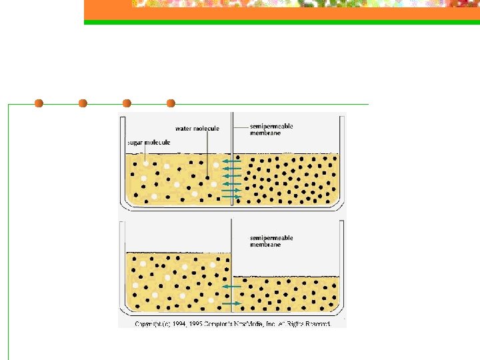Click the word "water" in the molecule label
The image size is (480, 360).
184,128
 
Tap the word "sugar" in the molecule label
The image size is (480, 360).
135,142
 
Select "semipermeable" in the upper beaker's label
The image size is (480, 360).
271,126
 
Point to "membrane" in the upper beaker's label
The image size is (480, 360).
265,133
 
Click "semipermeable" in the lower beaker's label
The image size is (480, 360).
271,238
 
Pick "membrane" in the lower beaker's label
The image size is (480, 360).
265,245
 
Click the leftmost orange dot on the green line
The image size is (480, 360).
39,103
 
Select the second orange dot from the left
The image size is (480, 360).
83,103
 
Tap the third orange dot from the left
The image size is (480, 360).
127,103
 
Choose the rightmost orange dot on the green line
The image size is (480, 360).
171,103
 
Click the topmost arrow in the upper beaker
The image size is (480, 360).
231,162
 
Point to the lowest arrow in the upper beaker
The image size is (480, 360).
231,197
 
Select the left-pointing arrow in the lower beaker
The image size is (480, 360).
231,286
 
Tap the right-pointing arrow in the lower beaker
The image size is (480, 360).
231,303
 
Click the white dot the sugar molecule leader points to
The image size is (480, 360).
145,163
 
